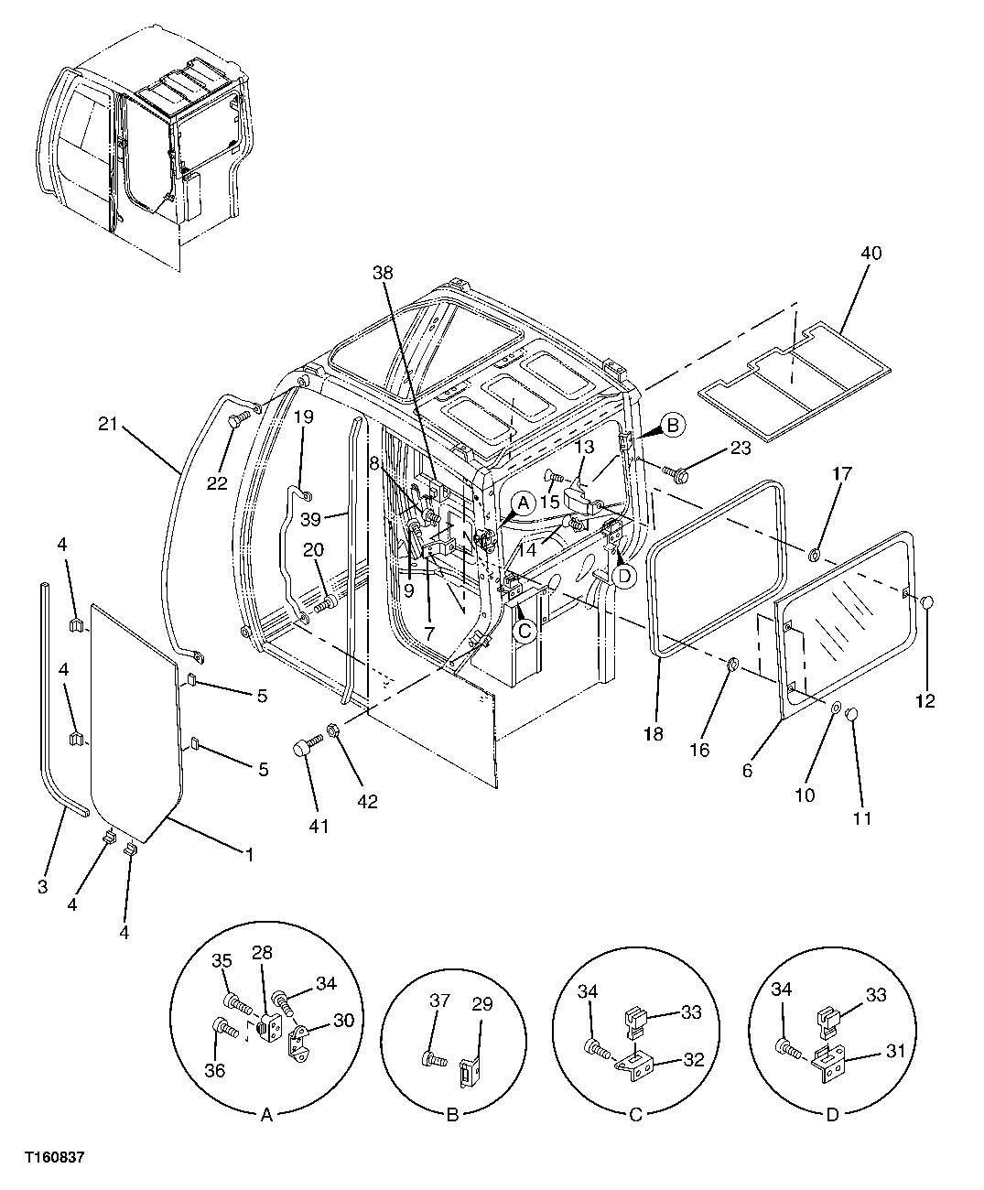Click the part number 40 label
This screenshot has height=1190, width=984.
[870, 253]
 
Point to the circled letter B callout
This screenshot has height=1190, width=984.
[673, 425]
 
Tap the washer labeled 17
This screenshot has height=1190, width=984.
[814, 555]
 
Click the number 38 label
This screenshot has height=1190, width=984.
[385, 272]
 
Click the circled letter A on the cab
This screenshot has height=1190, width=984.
[523, 503]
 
